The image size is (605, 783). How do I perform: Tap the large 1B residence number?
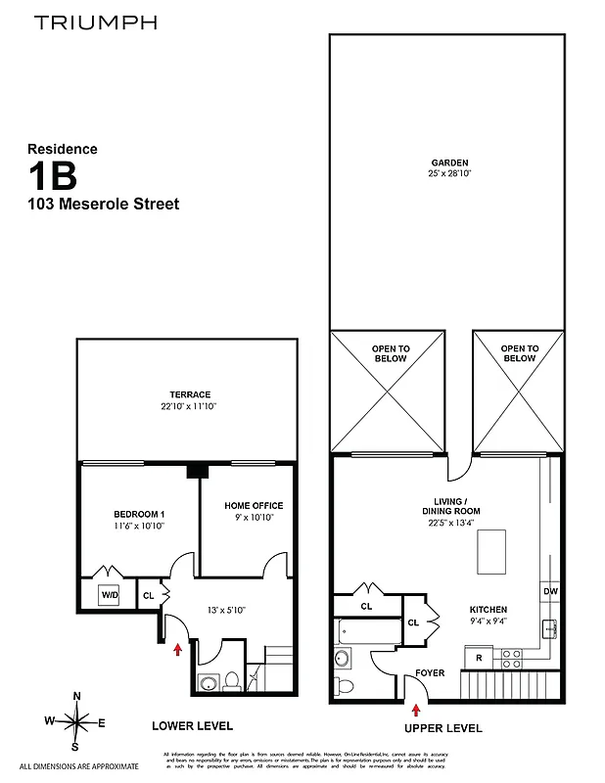(53, 177)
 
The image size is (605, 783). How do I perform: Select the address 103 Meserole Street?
(103, 205)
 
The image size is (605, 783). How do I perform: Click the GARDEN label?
(449, 163)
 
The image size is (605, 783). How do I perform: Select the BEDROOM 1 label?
(138, 515)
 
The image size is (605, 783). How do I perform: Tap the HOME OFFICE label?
(254, 506)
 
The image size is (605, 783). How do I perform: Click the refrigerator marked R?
(479, 658)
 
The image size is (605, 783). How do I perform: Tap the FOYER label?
(431, 673)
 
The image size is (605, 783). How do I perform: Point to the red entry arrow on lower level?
(177, 648)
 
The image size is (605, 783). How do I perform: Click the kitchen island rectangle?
(490, 552)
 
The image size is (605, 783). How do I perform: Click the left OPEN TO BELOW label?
(390, 353)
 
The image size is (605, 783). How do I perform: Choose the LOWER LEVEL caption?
(192, 726)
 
